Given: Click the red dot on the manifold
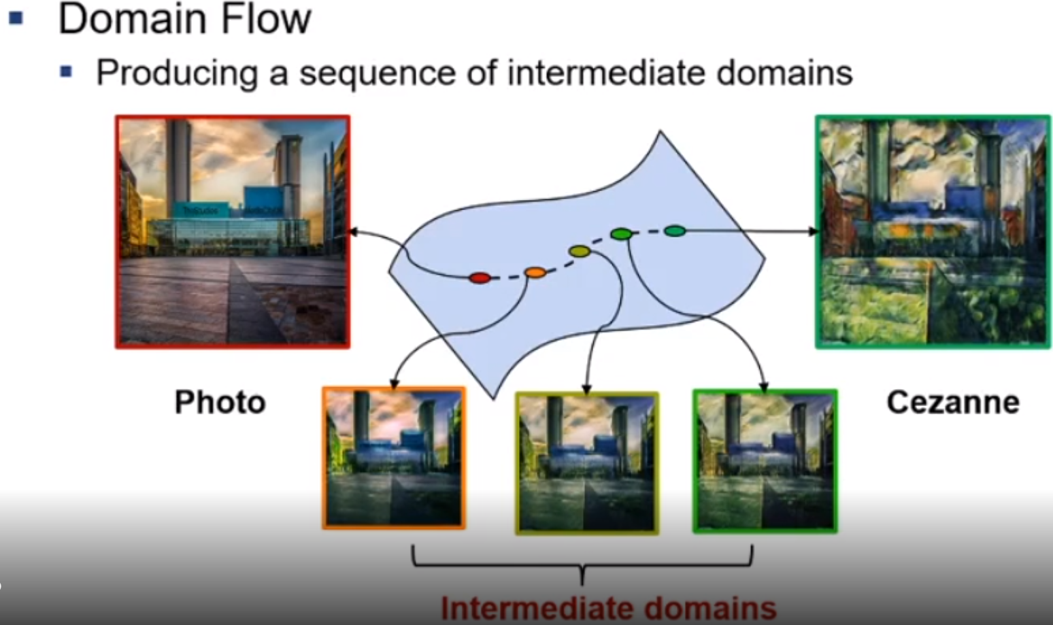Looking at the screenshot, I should (480, 277).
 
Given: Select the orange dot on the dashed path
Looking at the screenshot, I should (535, 273).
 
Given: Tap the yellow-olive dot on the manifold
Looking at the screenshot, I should (579, 252).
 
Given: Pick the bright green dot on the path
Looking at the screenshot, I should (621, 234).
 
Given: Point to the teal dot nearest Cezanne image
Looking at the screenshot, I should (674, 231).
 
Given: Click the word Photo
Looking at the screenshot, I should (220, 402).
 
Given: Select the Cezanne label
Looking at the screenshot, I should (952, 402).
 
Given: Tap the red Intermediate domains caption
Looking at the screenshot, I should (608, 608).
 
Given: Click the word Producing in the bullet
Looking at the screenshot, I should (177, 72).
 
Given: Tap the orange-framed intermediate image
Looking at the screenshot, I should (394, 458).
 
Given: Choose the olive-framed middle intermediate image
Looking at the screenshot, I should (587, 462).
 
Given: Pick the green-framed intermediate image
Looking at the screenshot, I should (765, 460).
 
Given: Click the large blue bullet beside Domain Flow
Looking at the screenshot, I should (16, 18).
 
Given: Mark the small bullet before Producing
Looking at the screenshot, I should (66, 71).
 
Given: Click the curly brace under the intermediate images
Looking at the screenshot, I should (582, 564).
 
